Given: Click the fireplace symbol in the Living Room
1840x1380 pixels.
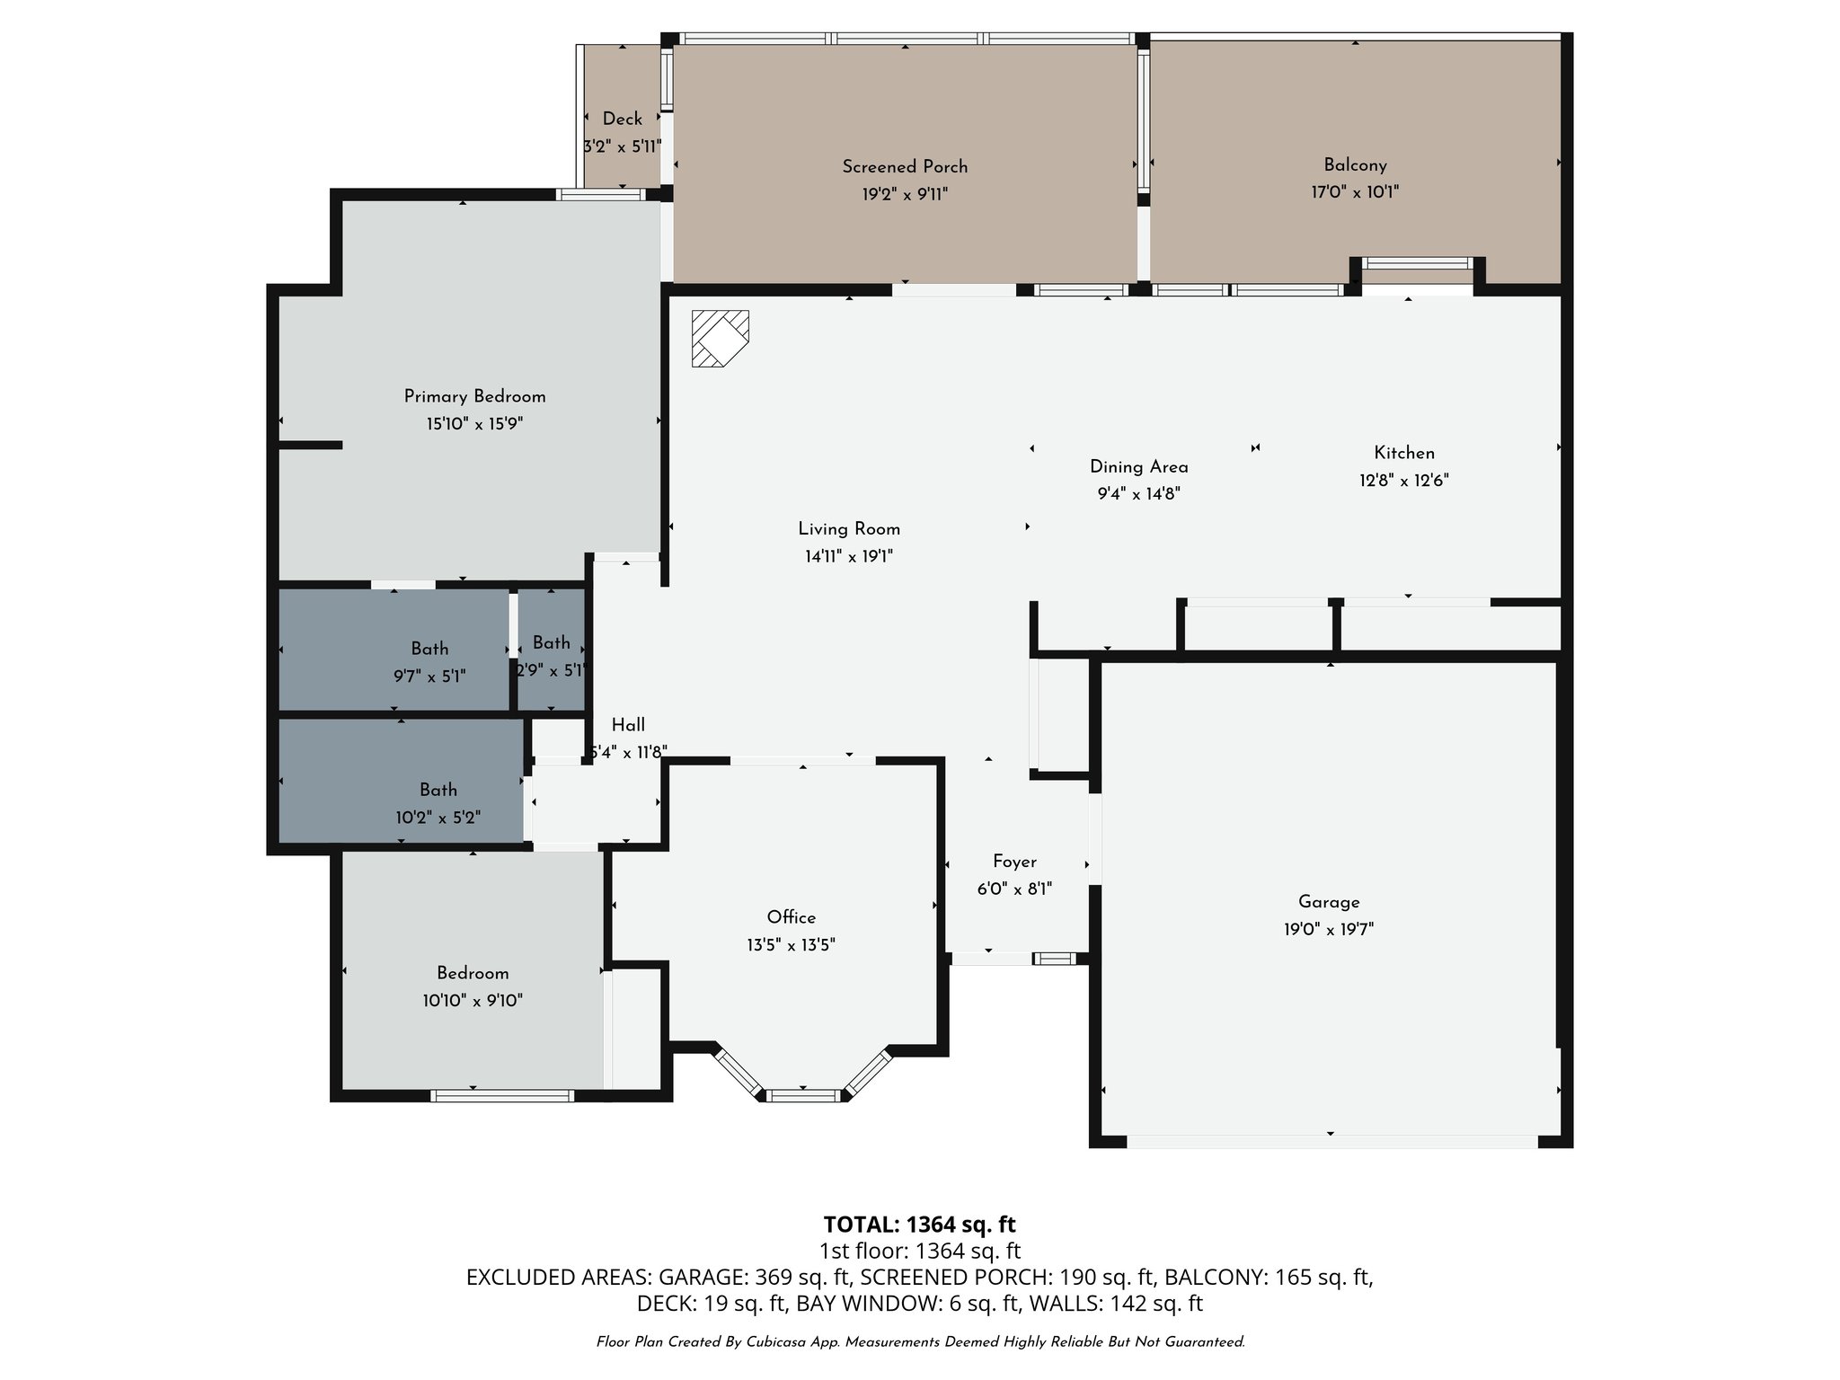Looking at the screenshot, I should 720,339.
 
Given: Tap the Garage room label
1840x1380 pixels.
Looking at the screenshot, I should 1328,902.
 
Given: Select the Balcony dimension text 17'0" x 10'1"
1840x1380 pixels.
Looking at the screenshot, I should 1354,191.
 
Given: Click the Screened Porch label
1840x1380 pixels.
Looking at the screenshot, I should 905,166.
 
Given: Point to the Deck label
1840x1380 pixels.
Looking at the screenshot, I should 622,119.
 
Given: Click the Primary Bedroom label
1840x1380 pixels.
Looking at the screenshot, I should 474,396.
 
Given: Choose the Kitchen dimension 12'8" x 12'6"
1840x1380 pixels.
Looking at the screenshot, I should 1403,480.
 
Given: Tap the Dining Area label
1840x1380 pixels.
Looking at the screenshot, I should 1138,466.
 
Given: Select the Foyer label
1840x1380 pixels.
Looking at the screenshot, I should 1014,862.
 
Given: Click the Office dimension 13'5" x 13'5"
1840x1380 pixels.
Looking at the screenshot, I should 791,944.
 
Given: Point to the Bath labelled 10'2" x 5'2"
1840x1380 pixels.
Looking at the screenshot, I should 438,790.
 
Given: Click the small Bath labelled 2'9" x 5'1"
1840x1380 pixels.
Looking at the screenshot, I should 551,642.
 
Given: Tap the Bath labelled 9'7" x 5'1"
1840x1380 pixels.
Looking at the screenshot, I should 429,649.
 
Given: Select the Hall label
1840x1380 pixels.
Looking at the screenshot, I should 628,725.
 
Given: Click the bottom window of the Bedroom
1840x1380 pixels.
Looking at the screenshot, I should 502,1095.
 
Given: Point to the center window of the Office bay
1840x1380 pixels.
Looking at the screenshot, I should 804,1095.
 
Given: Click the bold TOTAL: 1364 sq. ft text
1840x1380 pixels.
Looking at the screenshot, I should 919,1224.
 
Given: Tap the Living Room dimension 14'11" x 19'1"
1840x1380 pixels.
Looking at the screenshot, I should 848,556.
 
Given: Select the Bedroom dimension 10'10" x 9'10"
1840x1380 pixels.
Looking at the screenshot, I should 473,1000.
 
